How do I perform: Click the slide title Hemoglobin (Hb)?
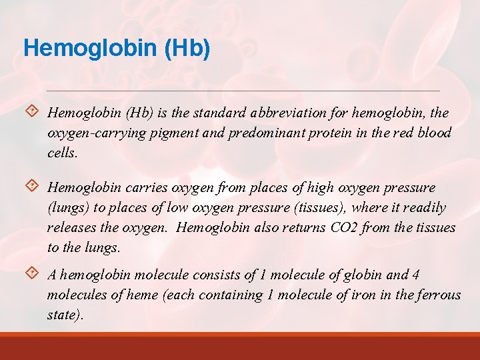117,48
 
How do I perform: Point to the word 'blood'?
434,133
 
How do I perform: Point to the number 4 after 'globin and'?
416,275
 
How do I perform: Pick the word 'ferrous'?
437,295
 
